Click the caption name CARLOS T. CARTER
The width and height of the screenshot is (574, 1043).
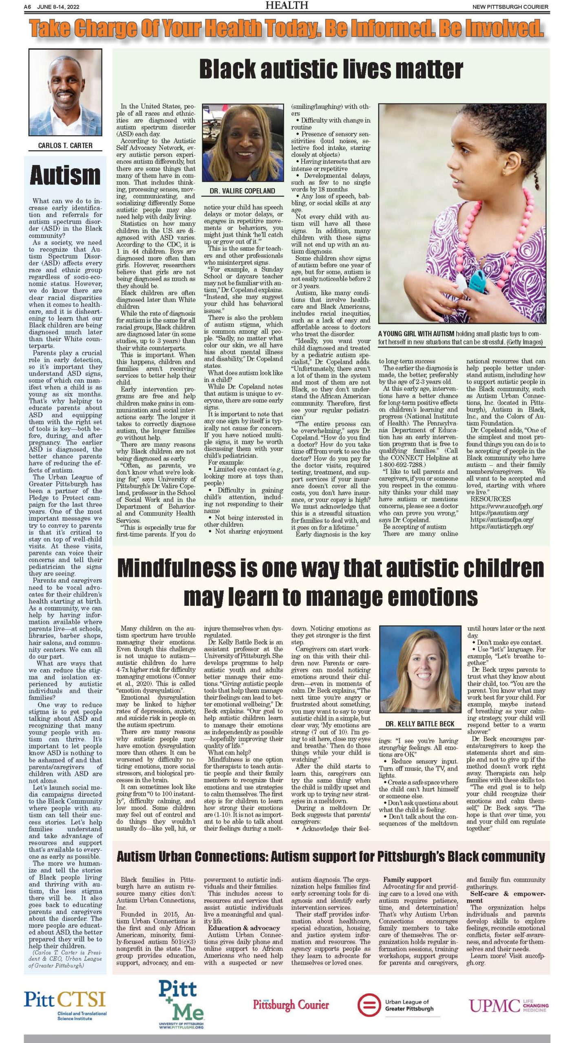pos(65,145)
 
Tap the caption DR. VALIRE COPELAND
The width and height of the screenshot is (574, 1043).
pos(243,191)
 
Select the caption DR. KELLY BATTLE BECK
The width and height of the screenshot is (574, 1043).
pos(420,724)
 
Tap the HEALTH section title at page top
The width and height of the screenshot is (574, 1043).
pos(287,5)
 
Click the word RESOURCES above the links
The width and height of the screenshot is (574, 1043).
pos(490,499)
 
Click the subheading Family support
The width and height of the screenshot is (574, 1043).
pos(407,880)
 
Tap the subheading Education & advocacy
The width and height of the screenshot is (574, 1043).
pos(244,928)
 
